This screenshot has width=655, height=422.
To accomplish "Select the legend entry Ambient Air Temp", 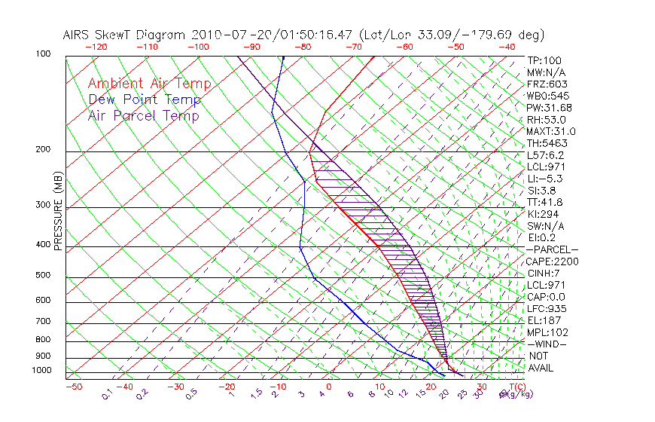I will pos(150,84).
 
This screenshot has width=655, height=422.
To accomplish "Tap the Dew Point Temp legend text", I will pos(145,99).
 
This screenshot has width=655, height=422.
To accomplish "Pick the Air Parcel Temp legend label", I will pos(144,115).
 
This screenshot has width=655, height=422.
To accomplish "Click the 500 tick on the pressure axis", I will pos(42,276).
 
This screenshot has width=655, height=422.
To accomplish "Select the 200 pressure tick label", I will pos(42,150).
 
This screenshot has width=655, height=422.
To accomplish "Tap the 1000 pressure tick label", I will pos(41,371).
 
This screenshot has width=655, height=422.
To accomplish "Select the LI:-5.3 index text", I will pos(544,179).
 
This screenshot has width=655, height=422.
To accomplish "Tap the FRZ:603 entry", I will pos(547,84).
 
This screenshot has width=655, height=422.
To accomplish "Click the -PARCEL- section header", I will pos(552,249).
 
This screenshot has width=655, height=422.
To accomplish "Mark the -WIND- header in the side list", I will pos(547,344).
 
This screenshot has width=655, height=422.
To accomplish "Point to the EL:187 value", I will pos(544,320).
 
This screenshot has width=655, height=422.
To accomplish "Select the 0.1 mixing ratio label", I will pos(107,394).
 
